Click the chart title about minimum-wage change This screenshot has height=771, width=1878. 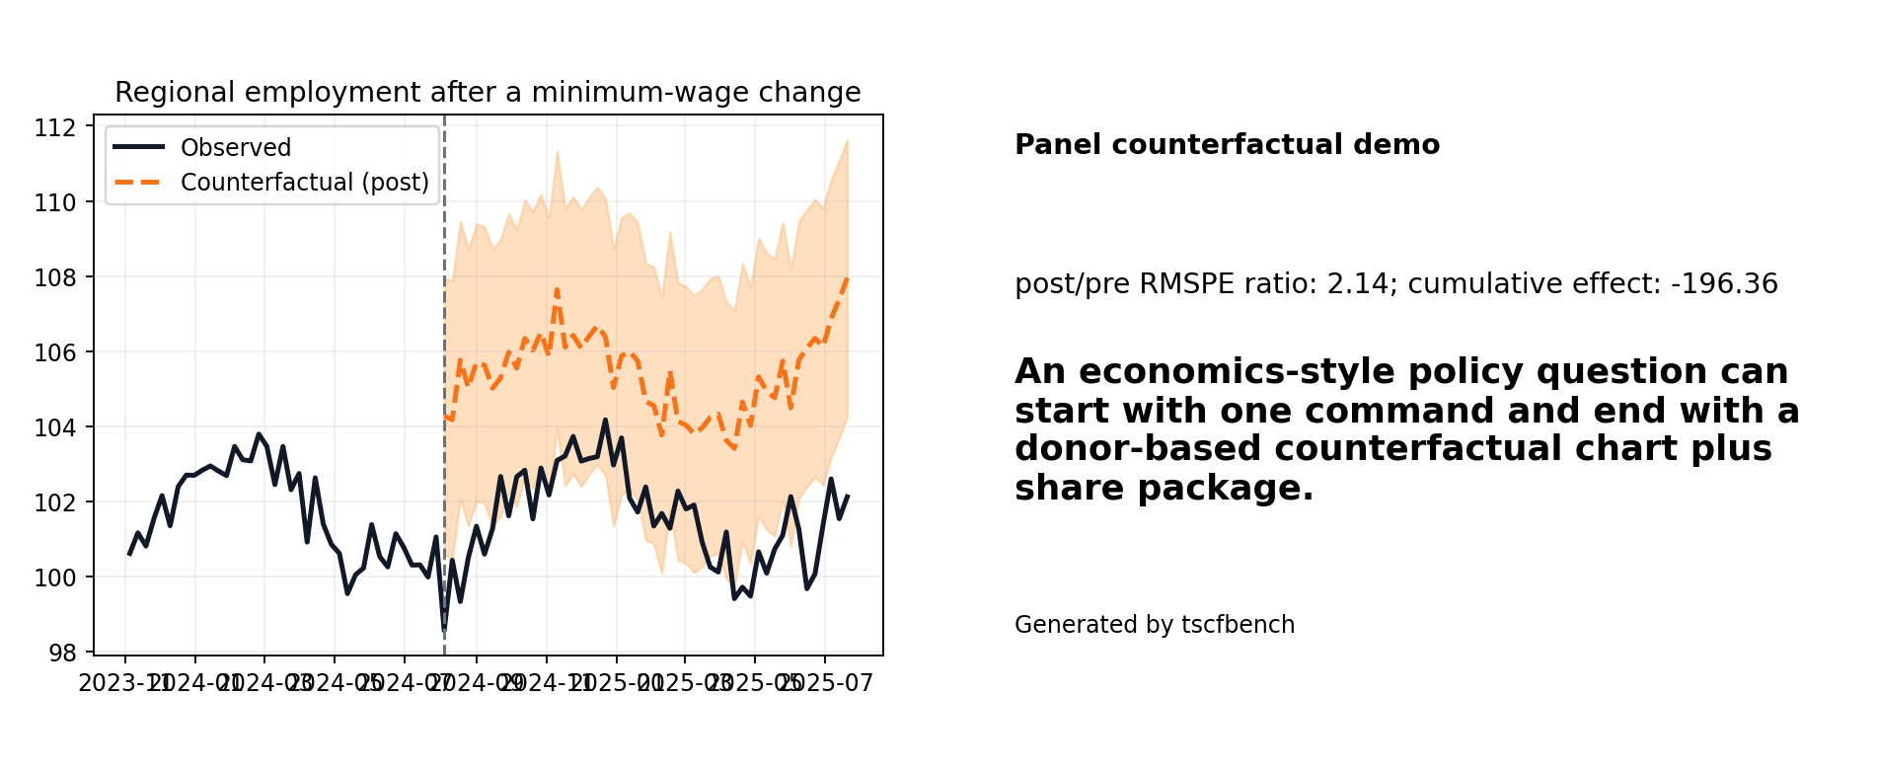coord(488,92)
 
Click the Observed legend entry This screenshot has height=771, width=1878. coord(235,148)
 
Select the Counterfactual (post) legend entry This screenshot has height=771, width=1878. coord(304,183)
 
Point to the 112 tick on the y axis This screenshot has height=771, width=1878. coord(55,127)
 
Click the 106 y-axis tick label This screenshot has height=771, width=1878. coord(55,352)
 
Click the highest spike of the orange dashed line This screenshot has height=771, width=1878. coord(557,289)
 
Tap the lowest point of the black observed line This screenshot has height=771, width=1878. coord(444,630)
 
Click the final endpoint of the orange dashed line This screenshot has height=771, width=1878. coord(848,277)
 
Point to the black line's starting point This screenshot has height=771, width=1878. coord(129,555)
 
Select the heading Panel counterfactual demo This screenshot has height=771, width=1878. coord(1227,145)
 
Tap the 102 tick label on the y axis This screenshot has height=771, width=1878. coord(55,502)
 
